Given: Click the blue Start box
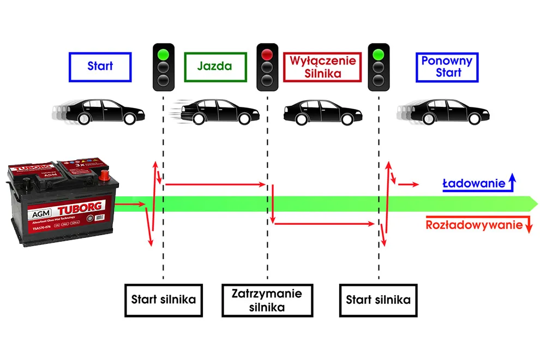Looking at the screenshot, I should [100, 67].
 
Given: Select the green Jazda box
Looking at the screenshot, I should [215, 67].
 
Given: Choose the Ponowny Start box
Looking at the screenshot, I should [447, 67].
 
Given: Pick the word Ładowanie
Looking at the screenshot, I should [473, 184].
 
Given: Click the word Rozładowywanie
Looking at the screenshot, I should [475, 225].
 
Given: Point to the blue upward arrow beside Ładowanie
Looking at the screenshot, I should [512, 182].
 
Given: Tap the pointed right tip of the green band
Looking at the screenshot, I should [537, 203].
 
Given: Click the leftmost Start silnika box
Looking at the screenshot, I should [164, 300].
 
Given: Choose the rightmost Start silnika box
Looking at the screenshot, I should [378, 300].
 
